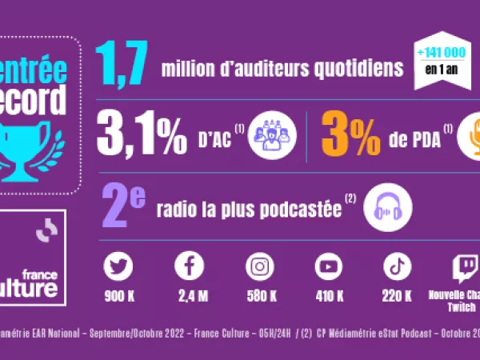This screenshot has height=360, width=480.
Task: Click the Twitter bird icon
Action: [118, 266]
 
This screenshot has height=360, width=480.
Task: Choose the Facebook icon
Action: [189, 266]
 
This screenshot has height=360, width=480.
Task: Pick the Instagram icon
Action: [259, 266]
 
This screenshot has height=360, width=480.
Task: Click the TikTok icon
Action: [398, 266]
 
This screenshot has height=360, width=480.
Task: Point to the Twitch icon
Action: [465, 267]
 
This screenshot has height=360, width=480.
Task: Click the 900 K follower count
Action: [118, 297]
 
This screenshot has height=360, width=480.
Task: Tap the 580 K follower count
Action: [259, 297]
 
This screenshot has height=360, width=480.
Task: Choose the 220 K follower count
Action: [398, 297]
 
